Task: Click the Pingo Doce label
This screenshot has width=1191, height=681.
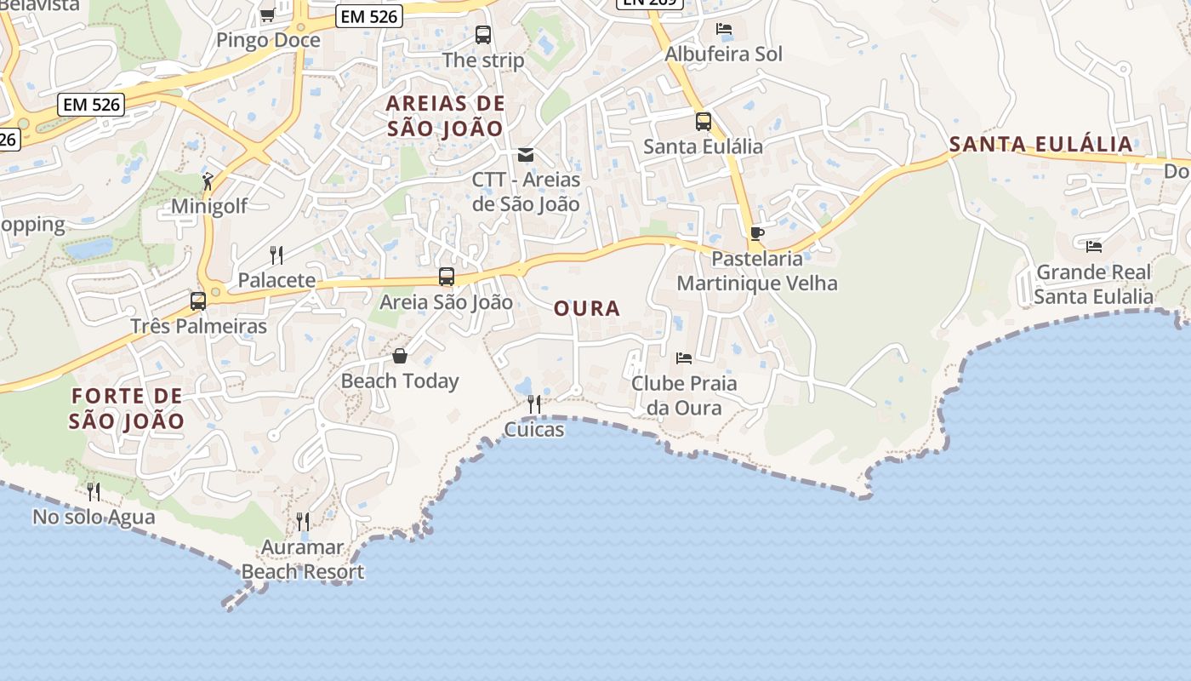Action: [268, 40]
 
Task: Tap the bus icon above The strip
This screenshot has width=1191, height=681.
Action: [483, 35]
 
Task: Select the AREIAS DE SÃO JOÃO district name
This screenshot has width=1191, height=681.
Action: [446, 116]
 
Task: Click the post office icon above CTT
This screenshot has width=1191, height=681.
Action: [526, 155]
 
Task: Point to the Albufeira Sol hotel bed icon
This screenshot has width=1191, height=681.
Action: [724, 29]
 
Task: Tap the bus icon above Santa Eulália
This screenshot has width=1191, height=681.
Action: [704, 122]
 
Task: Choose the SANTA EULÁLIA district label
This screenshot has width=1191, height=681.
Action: [1041, 144]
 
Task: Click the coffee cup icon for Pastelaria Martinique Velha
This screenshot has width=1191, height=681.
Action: [757, 233]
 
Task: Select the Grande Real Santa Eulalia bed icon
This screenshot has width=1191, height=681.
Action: [1094, 247]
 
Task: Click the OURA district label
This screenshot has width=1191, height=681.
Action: [587, 308]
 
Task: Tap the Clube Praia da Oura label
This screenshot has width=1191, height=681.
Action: [684, 395]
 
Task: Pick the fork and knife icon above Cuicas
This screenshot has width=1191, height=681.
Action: [534, 404]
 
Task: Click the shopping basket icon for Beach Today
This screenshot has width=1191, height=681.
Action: [400, 356]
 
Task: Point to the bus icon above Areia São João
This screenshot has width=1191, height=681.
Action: [447, 277]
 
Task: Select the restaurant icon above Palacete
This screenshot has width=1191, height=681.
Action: [276, 255]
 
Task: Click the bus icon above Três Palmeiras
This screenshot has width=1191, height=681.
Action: [198, 301]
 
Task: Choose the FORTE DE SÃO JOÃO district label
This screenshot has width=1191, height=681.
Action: [127, 408]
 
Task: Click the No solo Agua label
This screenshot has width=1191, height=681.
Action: [94, 517]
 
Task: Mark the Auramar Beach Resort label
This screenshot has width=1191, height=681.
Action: [303, 559]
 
